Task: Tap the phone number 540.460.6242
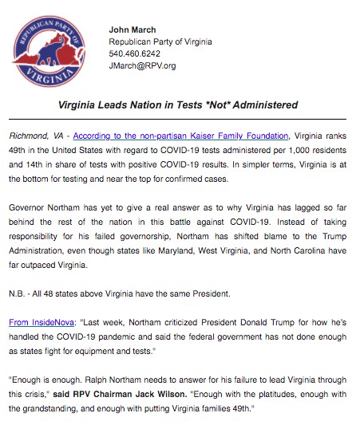(x=134, y=54)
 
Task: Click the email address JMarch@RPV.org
(x=142, y=66)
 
